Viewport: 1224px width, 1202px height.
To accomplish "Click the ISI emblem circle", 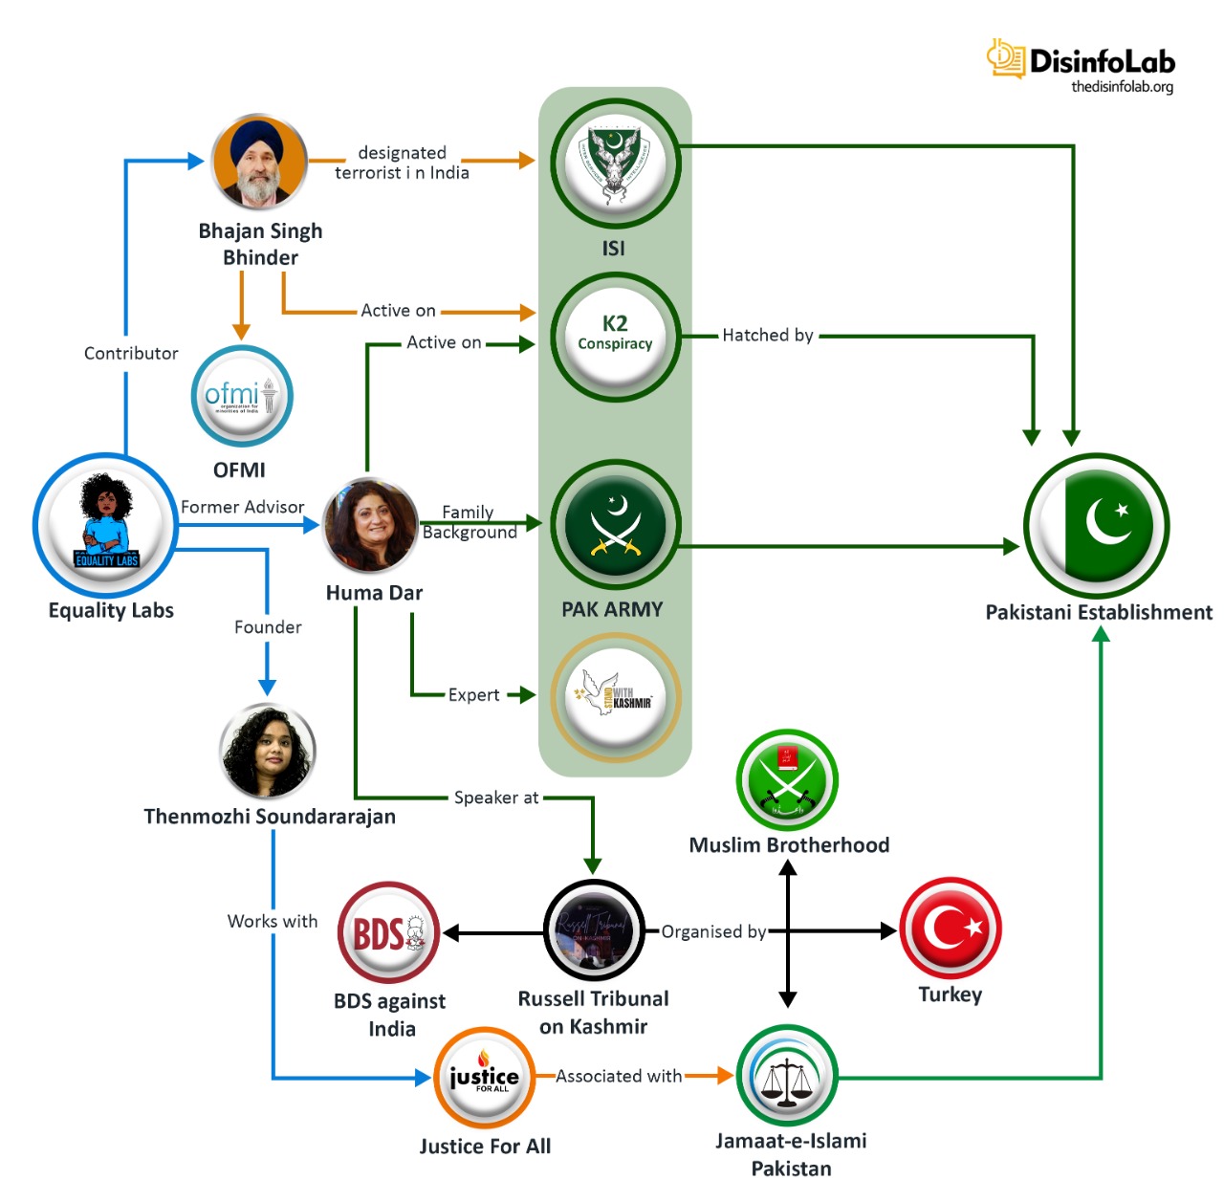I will click(615, 164).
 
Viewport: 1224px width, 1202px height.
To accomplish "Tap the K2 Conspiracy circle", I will click(615, 336).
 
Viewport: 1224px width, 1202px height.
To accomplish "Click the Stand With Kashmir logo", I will click(615, 697).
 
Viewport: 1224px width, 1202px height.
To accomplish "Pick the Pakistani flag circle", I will click(1096, 525).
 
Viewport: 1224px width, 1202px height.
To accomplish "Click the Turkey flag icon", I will click(951, 928).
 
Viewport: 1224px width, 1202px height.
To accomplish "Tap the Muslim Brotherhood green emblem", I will click(787, 779).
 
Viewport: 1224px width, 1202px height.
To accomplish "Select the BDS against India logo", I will click(388, 932).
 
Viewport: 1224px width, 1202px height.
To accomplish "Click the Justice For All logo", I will click(485, 1078).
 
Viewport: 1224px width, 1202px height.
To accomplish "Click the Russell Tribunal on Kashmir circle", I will click(594, 929).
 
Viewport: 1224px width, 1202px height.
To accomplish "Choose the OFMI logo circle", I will click(241, 396).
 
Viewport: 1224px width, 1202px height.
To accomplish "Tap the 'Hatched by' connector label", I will click(768, 336).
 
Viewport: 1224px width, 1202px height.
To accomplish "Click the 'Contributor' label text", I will click(131, 353).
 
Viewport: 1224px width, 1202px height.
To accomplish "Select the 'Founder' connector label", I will click(268, 627).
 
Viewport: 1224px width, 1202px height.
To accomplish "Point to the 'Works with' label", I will click(273, 921).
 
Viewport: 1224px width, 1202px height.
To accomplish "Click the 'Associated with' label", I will click(619, 1076).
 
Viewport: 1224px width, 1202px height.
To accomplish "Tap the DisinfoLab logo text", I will click(1102, 61).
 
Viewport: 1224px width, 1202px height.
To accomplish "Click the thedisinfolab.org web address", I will click(1122, 87).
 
